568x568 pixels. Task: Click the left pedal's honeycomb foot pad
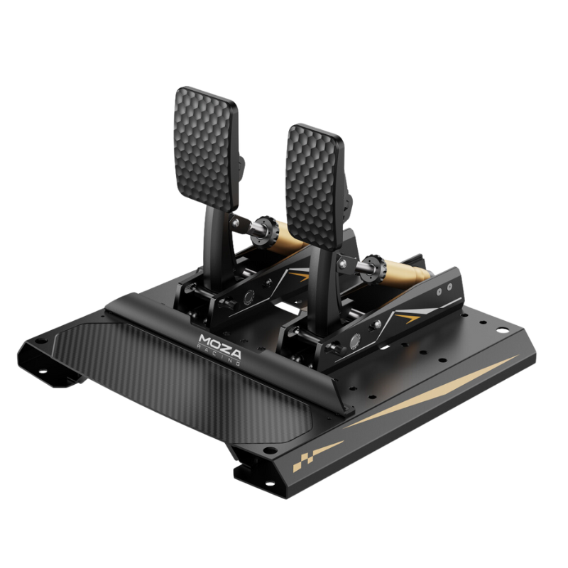coord(206,146)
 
